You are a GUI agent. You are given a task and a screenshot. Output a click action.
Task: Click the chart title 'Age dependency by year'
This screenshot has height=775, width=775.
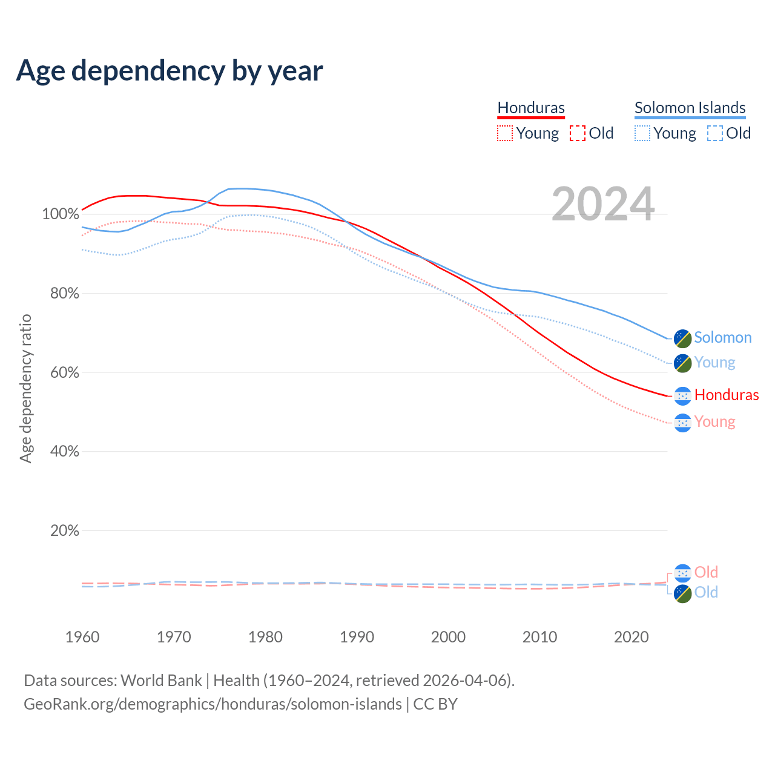(170, 71)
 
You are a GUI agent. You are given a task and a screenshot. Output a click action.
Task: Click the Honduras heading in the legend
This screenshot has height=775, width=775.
(531, 108)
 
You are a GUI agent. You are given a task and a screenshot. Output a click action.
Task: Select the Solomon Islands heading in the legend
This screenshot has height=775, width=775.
(690, 108)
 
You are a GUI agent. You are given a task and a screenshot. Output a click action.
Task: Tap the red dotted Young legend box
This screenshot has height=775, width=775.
(504, 133)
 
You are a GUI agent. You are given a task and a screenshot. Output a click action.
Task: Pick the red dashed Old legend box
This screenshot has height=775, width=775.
(578, 133)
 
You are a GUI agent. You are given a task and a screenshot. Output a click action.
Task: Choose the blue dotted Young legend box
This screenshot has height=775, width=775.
(642, 133)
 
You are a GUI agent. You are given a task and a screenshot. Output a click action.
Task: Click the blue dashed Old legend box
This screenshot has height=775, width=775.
(715, 133)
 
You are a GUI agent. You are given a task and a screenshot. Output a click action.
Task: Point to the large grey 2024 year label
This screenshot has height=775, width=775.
(603, 204)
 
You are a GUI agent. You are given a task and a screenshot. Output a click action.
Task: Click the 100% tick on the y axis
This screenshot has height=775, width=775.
(61, 214)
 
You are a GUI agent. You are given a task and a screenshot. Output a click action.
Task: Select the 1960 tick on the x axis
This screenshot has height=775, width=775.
(82, 637)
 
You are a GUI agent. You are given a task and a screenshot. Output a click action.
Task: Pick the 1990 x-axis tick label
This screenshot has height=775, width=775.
(357, 637)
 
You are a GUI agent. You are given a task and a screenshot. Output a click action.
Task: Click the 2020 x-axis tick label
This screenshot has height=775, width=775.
(631, 637)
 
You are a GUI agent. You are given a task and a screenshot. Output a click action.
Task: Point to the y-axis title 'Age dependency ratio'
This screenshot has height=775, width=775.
(25, 388)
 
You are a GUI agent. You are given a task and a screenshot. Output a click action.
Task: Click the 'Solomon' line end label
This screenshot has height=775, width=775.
(722, 338)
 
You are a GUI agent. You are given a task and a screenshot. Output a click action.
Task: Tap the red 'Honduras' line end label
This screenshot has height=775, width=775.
(726, 395)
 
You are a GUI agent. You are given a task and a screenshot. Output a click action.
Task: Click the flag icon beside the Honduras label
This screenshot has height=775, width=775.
(682, 396)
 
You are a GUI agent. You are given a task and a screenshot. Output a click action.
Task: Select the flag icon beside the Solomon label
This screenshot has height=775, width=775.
(682, 338)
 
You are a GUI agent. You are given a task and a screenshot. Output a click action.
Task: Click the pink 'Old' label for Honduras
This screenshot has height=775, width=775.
(706, 572)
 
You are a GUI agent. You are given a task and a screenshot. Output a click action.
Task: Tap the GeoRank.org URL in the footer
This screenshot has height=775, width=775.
(213, 704)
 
